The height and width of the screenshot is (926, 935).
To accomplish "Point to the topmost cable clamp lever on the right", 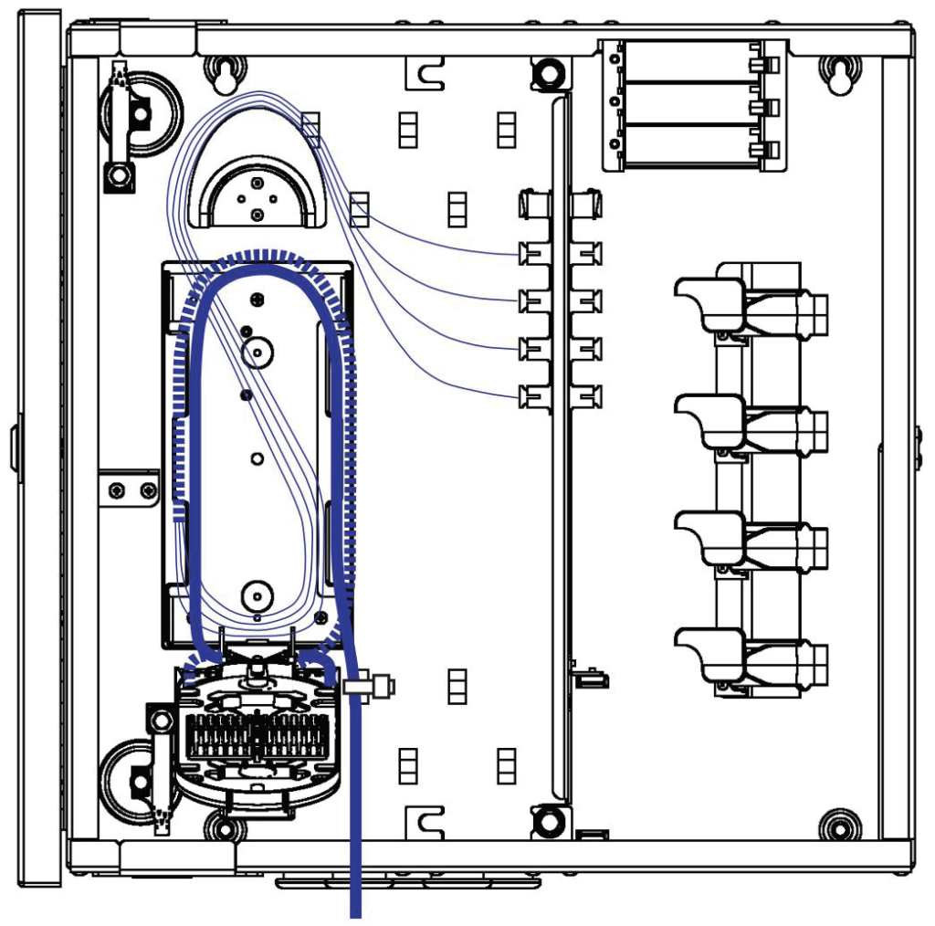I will pyautogui.click(x=708, y=299).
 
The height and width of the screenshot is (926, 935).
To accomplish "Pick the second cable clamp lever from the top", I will pyautogui.click(x=708, y=416).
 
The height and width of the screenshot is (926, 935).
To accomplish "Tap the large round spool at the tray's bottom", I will pyautogui.click(x=257, y=596).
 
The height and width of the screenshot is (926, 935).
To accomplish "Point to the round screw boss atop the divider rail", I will pyautogui.click(x=548, y=71).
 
